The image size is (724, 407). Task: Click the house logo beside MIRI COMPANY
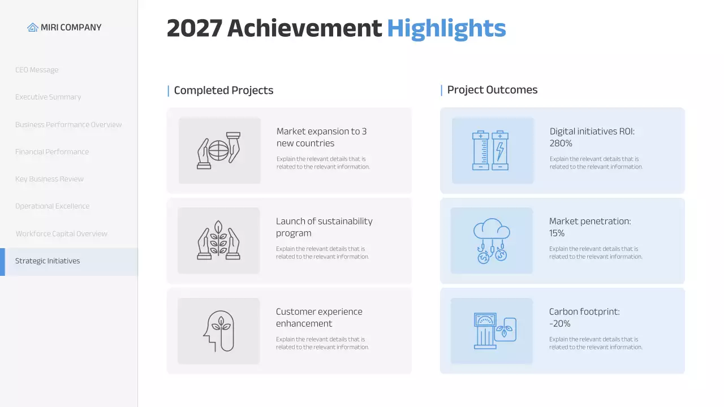tap(33, 27)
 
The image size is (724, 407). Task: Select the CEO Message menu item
tap(37, 70)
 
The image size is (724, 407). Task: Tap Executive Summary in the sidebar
tap(48, 97)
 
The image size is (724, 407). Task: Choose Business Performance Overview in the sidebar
tap(68, 124)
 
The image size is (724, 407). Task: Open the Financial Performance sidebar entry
tap(52, 151)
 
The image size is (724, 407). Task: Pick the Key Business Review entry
tap(49, 179)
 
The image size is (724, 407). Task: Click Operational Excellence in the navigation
tap(52, 206)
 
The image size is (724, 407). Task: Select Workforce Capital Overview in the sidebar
tap(62, 233)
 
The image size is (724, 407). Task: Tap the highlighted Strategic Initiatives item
tap(48, 261)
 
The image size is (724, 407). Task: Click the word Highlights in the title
tap(446, 28)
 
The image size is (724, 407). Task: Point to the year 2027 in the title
tap(194, 28)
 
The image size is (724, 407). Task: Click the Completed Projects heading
tap(223, 90)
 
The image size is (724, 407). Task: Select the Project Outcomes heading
tap(492, 90)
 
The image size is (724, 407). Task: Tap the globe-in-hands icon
tap(219, 150)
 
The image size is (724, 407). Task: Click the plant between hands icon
tap(218, 240)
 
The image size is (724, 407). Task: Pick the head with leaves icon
tap(218, 331)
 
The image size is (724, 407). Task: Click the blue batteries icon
tap(490, 150)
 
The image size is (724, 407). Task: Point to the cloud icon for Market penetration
tap(491, 240)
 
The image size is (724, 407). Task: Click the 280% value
tap(561, 144)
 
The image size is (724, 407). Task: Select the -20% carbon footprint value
tap(560, 324)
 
